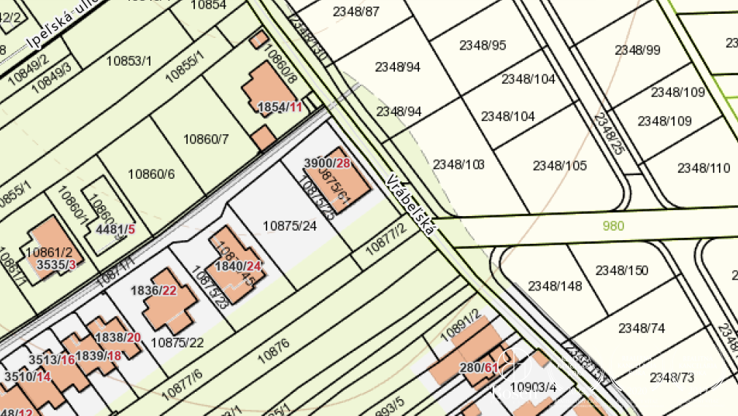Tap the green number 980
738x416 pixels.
pos(613,226)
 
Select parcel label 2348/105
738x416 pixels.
pos(559,166)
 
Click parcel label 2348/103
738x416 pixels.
pos(458,164)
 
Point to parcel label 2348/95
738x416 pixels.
pos(482,45)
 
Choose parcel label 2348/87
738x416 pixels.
pos(355,11)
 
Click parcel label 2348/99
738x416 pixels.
pos(637,50)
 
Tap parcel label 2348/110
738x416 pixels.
pos(703,168)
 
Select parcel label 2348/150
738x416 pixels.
pos(621,271)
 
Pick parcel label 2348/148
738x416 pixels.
pos(555,285)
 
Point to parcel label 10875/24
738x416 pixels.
pos(290,226)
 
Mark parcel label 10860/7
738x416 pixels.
pos(206,139)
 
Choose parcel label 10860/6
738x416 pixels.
pos(151,174)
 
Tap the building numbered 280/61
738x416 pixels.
pos(479,367)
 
